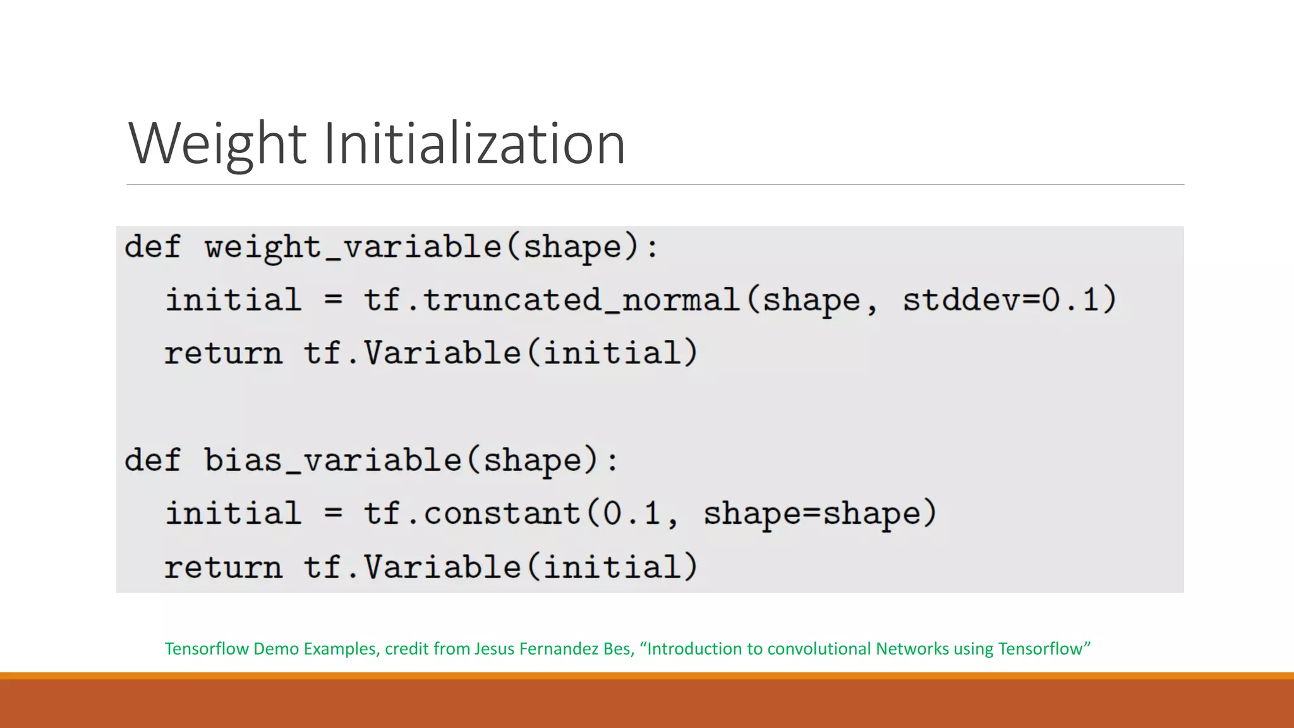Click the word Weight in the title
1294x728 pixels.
[x=217, y=144]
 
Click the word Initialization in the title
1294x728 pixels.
[x=474, y=144]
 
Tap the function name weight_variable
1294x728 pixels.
[x=353, y=247]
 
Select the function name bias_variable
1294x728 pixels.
[x=333, y=460]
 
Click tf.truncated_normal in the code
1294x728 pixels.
[x=551, y=300]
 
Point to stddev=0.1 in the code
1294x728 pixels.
[x=1008, y=300]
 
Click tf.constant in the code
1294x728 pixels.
[x=472, y=513]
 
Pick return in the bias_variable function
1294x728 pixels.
[x=223, y=567]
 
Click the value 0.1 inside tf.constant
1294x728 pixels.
[x=631, y=513]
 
